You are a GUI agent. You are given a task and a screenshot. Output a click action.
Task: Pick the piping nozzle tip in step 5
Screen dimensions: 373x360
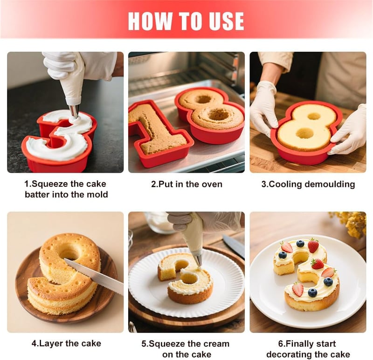(x=198, y=261)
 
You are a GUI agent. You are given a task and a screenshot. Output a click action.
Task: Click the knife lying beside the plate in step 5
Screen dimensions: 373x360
(x=234, y=246)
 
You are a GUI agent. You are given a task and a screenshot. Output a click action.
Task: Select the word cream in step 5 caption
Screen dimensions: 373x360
(x=215, y=344)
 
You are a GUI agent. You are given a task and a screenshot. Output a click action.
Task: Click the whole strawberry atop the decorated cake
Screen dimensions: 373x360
(x=313, y=245)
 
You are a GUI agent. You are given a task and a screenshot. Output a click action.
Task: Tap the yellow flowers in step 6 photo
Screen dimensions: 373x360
(x=350, y=222)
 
